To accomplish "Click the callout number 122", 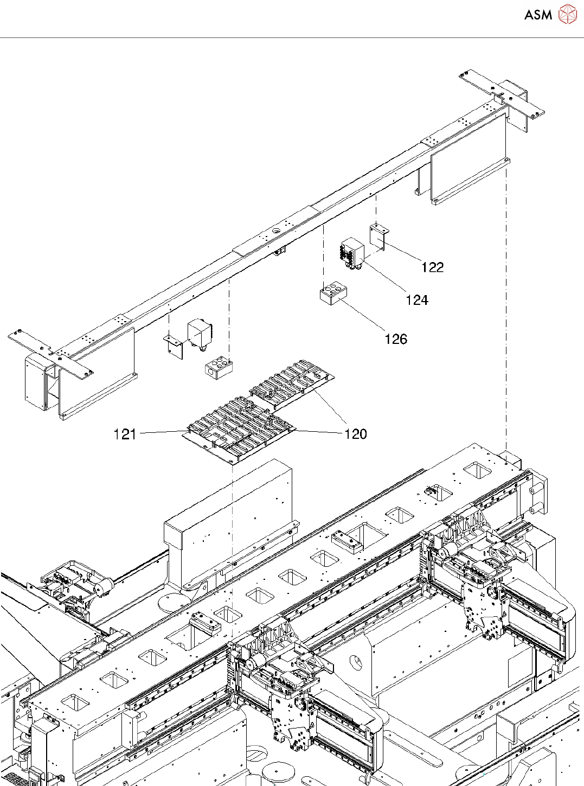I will pos(432,267).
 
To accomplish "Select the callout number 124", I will pos(416,300).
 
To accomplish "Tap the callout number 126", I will pos(395,339).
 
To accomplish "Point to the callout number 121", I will pos(125,434).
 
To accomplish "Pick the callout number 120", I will pos(356,434).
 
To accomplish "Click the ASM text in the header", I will pos(538,15).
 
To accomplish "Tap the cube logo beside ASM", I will pos(567,15).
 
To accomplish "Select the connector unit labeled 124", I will pos(352,252).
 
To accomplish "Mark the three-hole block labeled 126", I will pos(333,293).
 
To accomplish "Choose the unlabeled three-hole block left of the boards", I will pos(219,366).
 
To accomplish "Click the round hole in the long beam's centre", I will pos(276,230).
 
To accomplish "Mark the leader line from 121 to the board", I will pos(163,432).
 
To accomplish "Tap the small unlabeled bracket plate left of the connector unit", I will pos(174,346).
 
